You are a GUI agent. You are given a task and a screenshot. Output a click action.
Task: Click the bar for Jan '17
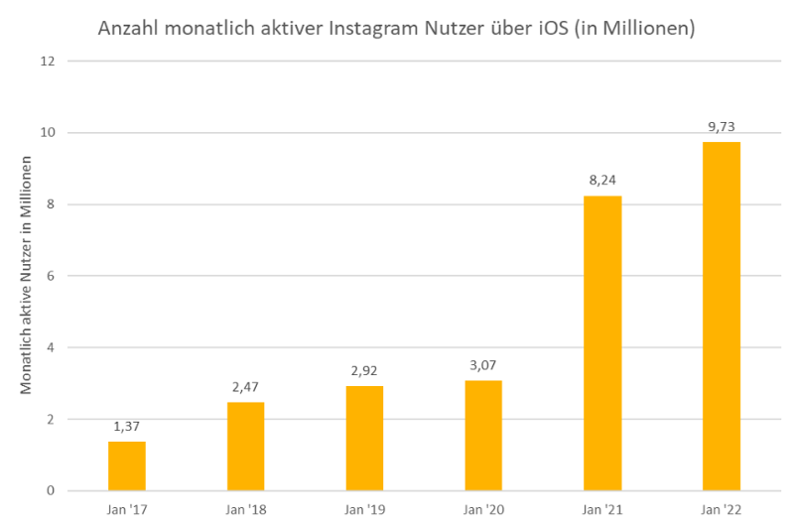pyautogui.click(x=127, y=465)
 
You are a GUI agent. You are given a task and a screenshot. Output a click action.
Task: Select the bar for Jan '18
pyautogui.click(x=245, y=446)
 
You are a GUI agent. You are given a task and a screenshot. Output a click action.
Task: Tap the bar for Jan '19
pyautogui.click(x=364, y=438)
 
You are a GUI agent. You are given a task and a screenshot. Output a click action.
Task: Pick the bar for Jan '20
pyautogui.click(x=483, y=435)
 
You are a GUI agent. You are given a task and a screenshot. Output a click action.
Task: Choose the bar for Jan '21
pyautogui.click(x=602, y=342)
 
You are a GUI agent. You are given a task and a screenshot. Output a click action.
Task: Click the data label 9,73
pyautogui.click(x=722, y=127)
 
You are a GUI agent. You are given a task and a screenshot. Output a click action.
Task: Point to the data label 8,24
pyautogui.click(x=602, y=181)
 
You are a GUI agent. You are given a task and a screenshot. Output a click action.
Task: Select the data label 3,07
pyautogui.click(x=483, y=365)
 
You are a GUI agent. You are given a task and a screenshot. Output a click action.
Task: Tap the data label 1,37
pyautogui.click(x=127, y=426)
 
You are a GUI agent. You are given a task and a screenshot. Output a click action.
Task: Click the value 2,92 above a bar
pyautogui.click(x=364, y=371)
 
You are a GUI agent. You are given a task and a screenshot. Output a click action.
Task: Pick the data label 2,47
pyautogui.click(x=245, y=387)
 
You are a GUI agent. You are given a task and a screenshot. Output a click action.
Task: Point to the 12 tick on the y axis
pyautogui.click(x=46, y=62)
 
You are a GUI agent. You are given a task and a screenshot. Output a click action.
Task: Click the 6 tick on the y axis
pyautogui.click(x=49, y=276)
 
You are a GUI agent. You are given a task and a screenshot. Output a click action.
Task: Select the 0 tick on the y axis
pyautogui.click(x=49, y=490)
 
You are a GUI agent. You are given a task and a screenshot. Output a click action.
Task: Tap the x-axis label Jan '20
pyautogui.click(x=483, y=510)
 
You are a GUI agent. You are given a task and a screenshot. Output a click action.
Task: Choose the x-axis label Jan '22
pyautogui.click(x=722, y=510)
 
